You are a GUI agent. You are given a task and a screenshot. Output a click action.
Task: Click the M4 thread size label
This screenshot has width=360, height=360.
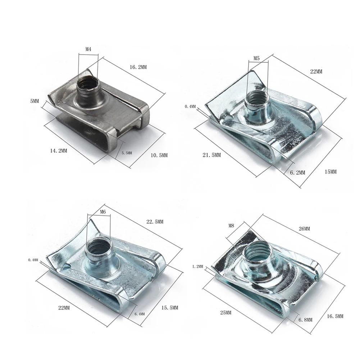click(x=88, y=49)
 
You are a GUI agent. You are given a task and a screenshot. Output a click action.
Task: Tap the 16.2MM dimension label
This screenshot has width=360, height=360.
click(x=138, y=67)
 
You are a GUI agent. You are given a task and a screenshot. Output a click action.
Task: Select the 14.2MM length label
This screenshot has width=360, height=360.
click(x=59, y=151)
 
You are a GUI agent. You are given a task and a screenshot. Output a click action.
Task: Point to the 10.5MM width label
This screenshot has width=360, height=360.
click(x=159, y=155)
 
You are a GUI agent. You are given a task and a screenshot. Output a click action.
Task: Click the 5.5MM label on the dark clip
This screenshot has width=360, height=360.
click(x=127, y=153)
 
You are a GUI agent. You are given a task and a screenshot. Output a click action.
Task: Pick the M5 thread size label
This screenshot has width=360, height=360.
click(x=256, y=58)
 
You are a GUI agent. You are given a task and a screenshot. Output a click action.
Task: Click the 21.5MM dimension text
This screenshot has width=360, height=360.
click(x=212, y=155)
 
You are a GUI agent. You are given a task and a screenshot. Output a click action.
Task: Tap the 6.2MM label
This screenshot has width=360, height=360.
click(x=298, y=172)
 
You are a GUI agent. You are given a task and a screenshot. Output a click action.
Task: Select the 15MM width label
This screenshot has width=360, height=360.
click(x=331, y=172)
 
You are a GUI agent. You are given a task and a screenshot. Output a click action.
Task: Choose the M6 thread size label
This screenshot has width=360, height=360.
click(x=103, y=212)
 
